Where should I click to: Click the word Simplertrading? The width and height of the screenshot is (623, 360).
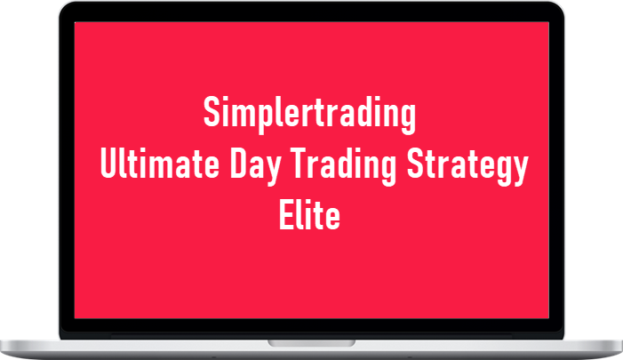click(310, 115)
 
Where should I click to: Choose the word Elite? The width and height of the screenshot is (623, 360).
click(310, 214)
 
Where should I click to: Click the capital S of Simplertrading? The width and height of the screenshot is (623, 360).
click(211, 114)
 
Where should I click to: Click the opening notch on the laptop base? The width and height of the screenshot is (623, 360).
click(311, 342)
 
